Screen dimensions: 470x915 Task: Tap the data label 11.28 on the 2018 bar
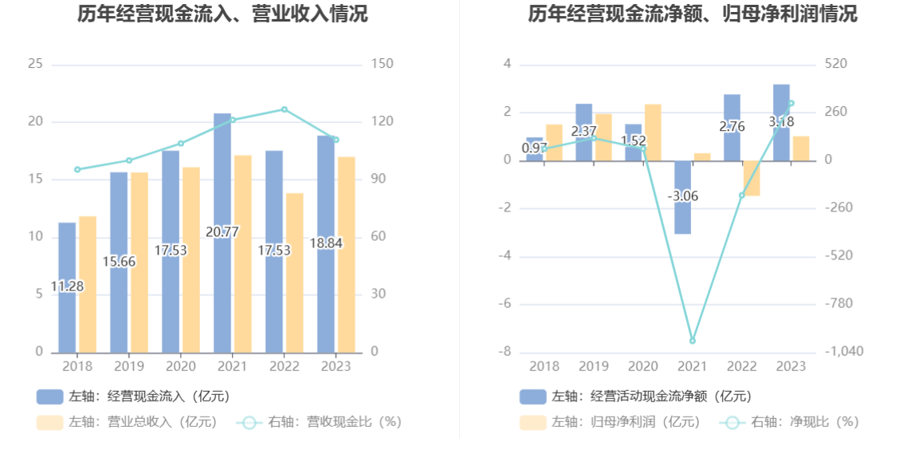67,286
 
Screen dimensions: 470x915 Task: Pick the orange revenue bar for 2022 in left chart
295,272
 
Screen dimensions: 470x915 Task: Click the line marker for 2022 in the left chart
285,109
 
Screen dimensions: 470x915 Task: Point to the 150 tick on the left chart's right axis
383,64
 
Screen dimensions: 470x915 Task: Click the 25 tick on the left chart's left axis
35,64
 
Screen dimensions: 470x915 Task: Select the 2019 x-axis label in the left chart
129,366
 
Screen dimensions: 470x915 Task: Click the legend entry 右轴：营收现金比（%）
319,422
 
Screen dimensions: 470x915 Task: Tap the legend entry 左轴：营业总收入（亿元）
128,422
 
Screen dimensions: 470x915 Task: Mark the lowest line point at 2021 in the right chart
693,341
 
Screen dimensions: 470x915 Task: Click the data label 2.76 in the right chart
732,126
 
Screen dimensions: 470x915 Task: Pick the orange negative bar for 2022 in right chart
752,178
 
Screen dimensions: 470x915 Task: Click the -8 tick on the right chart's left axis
505,352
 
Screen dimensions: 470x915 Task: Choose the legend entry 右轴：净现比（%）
789,422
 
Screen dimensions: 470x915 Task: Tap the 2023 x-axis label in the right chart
791,366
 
